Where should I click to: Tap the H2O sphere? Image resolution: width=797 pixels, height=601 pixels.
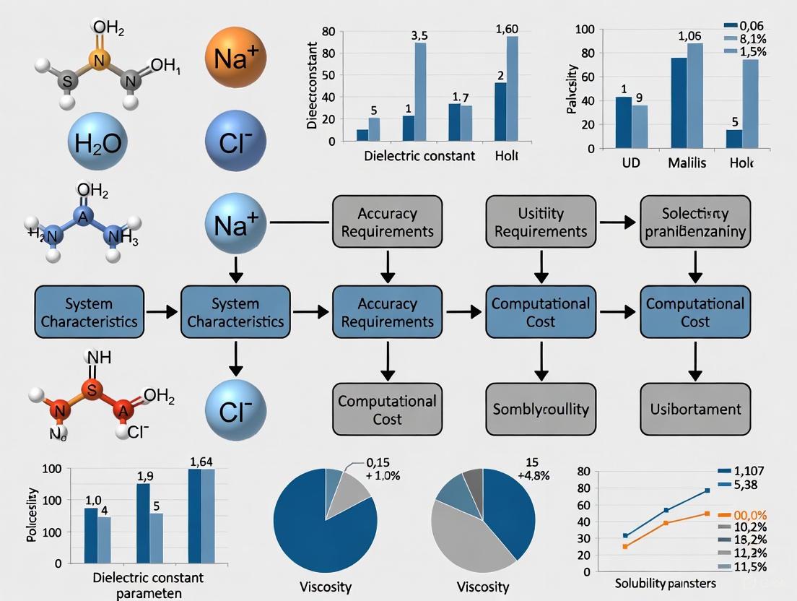[x=97, y=141]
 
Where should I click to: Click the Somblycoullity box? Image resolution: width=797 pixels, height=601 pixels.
[x=541, y=409]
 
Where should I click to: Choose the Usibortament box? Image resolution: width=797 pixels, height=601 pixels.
[x=695, y=409]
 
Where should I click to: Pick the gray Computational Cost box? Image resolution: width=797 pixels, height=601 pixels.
[x=387, y=410]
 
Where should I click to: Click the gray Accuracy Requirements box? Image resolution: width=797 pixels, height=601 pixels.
[x=387, y=222]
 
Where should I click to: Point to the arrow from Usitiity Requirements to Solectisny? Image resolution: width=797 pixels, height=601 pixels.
[x=617, y=222]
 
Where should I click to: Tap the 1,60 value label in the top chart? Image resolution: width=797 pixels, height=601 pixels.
[x=508, y=30]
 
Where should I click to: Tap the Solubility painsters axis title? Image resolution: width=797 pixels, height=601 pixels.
[x=665, y=582]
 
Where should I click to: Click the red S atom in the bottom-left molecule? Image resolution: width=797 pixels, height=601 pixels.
[x=92, y=390]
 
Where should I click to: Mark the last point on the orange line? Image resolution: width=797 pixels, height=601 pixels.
[x=707, y=514]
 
